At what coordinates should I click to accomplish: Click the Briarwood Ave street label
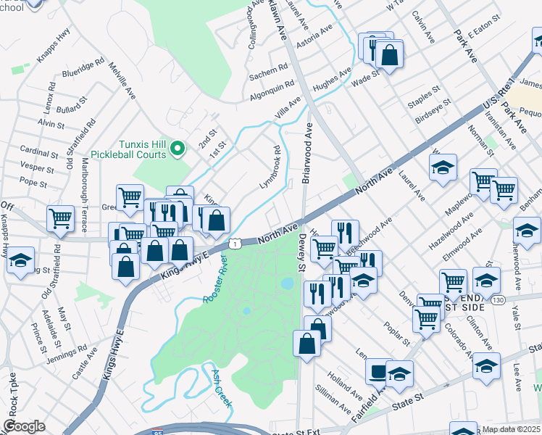click(307, 152)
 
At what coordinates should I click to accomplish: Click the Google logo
click(25, 426)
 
